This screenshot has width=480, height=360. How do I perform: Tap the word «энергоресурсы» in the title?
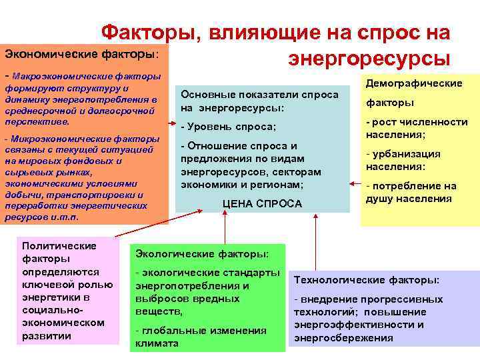(369, 58)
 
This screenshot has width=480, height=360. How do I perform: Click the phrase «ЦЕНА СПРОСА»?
(261, 203)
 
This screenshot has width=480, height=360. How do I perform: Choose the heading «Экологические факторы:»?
(202, 253)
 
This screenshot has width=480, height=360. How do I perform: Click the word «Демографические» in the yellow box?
(413, 83)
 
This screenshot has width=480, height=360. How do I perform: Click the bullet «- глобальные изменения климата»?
(200, 337)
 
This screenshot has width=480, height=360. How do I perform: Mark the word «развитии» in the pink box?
(47, 335)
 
